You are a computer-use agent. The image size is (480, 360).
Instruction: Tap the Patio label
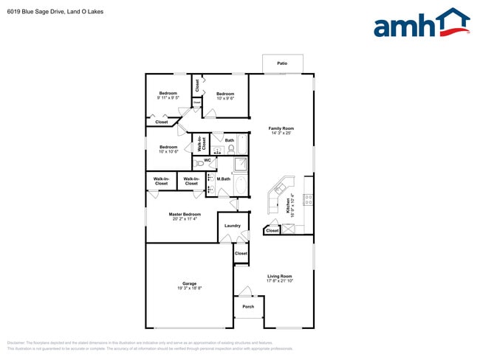click(281, 64)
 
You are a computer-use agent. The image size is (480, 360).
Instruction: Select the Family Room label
click(281, 131)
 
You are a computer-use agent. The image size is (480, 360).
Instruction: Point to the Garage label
click(189, 285)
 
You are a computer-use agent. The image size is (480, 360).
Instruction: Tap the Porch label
click(248, 307)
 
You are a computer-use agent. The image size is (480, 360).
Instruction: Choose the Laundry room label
click(233, 226)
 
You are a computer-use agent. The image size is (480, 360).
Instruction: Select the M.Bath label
click(224, 179)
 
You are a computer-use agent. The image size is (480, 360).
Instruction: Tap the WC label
click(208, 160)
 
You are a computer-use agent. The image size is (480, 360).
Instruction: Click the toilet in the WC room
click(199, 163)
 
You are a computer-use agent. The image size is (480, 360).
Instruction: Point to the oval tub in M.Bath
click(241, 186)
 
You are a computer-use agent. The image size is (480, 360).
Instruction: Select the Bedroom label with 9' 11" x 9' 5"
click(168, 95)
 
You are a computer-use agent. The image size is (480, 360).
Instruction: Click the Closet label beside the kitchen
click(272, 231)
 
